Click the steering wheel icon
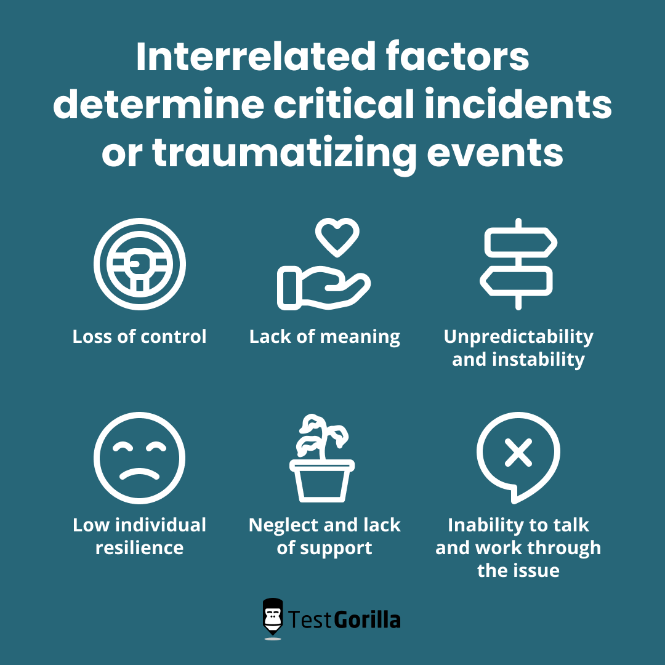click(x=140, y=265)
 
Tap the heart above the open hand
click(x=337, y=237)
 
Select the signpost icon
click(x=518, y=265)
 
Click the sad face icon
click(x=140, y=458)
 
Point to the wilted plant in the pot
click(x=322, y=459)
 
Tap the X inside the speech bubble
click(x=518, y=454)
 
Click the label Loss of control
click(x=140, y=337)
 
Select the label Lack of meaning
click(x=324, y=337)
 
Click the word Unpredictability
click(x=518, y=337)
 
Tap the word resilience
click(x=140, y=547)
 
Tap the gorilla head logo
click(x=273, y=618)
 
